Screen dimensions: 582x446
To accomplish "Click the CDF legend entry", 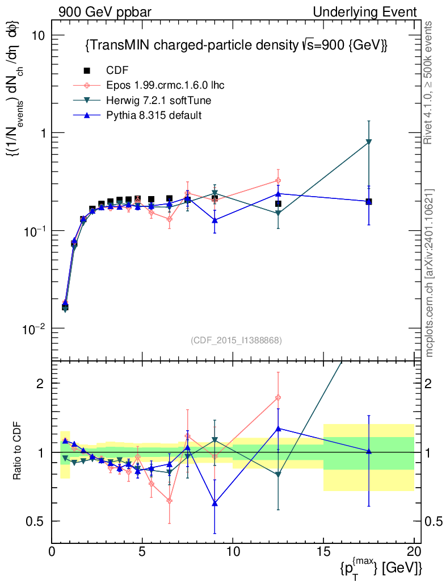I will coord(117,70).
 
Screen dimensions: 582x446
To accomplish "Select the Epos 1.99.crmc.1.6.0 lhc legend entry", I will coord(165,85).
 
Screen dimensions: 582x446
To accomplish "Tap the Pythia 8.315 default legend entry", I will coord(154,115).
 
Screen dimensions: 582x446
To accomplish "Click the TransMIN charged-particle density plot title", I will coord(235,45).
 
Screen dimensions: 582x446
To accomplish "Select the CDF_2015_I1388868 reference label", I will coord(235,340).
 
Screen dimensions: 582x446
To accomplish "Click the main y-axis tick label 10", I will coord(37,35).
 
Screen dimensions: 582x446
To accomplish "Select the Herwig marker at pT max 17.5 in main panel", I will coord(369,142).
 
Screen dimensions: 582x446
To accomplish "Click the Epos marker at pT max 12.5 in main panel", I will coord(278,181).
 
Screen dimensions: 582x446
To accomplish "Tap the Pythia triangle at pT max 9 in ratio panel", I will coord(214,503).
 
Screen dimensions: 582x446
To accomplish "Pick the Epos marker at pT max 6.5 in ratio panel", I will coord(169,500).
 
